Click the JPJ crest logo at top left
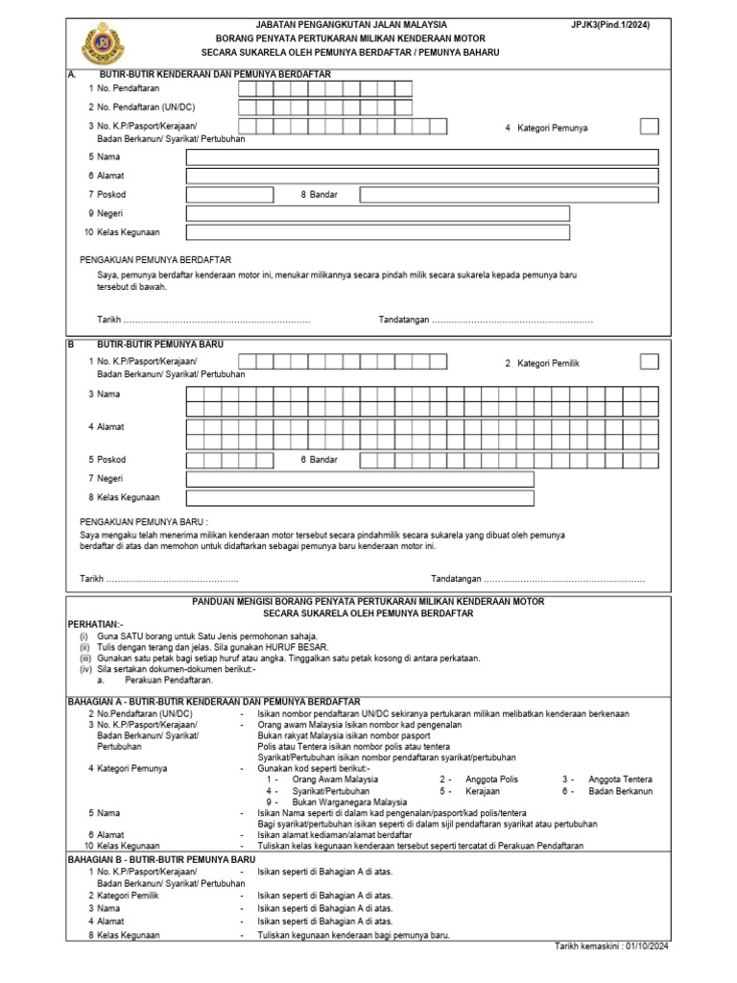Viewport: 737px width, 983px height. [99, 40]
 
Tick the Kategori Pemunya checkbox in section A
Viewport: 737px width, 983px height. [649, 127]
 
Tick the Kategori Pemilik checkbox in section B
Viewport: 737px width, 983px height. [649, 362]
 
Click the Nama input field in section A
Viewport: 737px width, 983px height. [422, 157]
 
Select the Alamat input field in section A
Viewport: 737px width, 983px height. [422, 176]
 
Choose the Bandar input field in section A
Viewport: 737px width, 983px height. [509, 195]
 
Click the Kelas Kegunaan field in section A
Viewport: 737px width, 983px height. [377, 232]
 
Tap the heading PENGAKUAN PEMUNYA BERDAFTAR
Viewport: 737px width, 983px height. [155, 260]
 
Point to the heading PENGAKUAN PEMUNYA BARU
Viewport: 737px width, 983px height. [144, 521]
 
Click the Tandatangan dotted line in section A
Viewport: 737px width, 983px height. [512, 320]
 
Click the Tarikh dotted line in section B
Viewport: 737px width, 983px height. [172, 580]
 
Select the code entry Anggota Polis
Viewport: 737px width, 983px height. [491, 779]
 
